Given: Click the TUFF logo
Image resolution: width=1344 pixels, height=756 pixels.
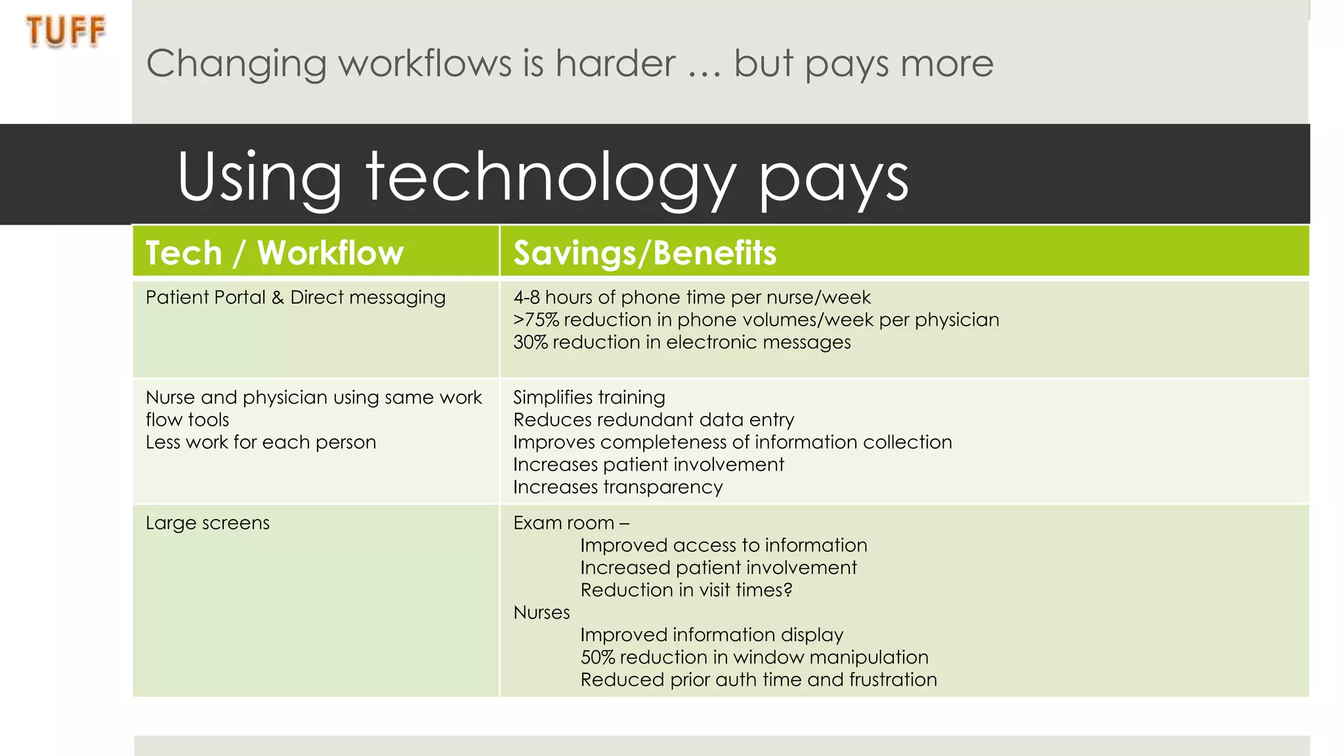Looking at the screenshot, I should [x=66, y=31].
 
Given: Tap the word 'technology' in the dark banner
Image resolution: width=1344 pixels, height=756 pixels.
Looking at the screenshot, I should [x=551, y=177].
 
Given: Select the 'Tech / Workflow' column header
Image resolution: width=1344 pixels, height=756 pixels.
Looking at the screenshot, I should [x=274, y=253].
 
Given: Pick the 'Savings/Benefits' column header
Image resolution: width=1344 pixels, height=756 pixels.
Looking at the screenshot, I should [x=644, y=253].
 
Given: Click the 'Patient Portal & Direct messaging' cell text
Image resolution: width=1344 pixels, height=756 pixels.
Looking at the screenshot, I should [x=295, y=297].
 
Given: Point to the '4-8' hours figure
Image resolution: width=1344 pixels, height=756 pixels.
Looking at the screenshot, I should [x=526, y=297].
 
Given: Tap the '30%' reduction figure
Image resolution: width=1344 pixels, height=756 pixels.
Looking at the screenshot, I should [x=530, y=342].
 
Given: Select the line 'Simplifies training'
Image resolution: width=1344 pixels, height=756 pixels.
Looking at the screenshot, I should [x=589, y=397].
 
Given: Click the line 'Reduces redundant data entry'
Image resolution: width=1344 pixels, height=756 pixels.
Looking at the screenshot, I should [x=653, y=419].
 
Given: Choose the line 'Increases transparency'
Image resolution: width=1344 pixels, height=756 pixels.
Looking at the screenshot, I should [x=618, y=487].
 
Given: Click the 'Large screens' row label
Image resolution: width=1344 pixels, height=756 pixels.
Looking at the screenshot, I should [x=207, y=523].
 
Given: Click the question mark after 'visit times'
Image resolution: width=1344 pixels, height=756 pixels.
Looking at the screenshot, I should [x=788, y=590].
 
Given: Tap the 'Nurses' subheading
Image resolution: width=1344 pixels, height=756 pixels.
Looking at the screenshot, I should [x=541, y=612].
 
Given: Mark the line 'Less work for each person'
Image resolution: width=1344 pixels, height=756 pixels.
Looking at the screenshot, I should [x=261, y=442].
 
